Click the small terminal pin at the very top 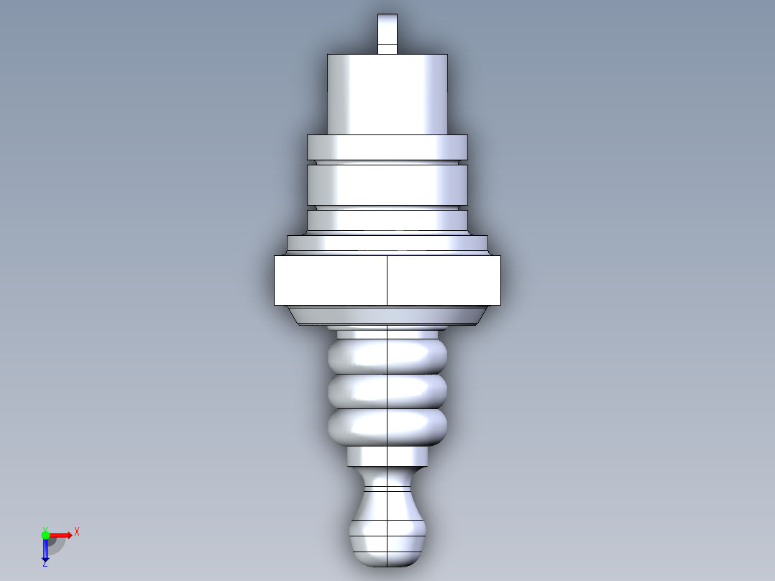387,34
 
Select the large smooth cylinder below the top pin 387,94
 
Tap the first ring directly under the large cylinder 387,147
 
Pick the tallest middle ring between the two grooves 387,185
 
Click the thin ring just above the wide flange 387,221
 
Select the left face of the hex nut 331,280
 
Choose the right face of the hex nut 444,280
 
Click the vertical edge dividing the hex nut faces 387,280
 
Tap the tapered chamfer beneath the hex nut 387,316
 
